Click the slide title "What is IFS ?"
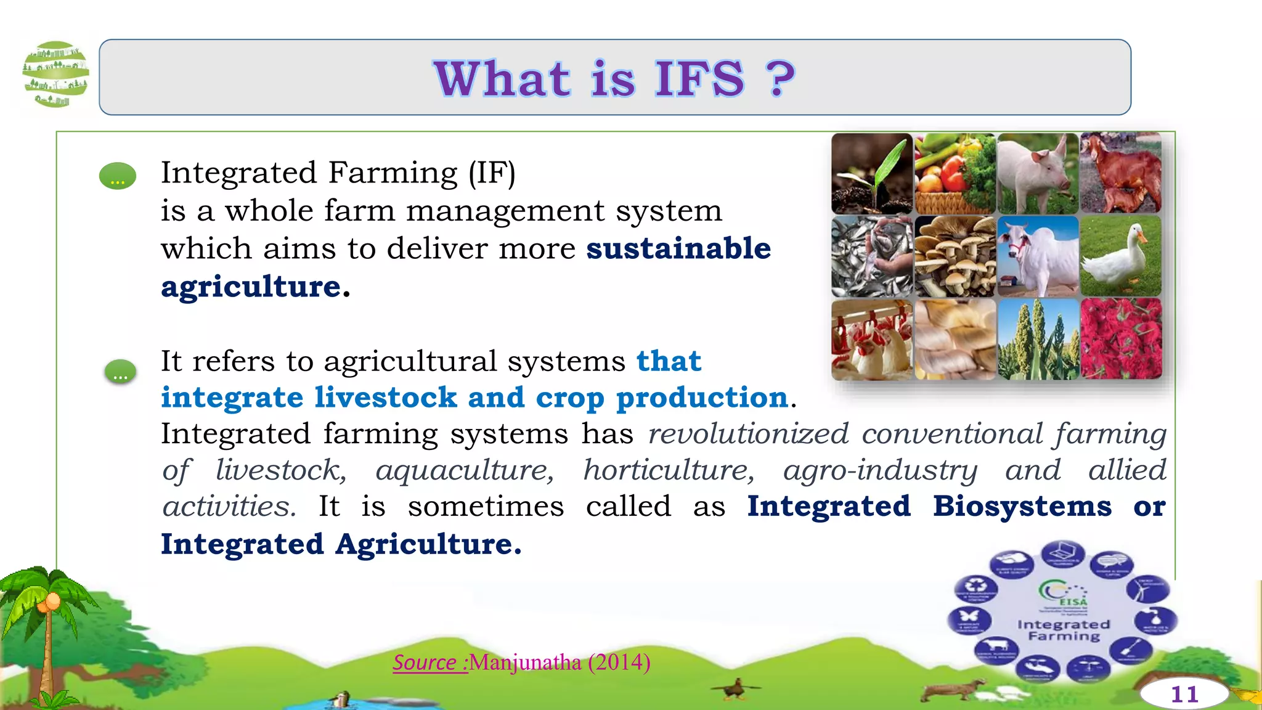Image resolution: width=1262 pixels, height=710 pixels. pyautogui.click(x=614, y=78)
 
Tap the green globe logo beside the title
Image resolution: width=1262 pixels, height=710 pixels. pyautogui.click(x=55, y=74)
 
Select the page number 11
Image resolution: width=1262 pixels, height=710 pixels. pyautogui.click(x=1184, y=695)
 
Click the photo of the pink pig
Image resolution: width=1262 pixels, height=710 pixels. pyautogui.click(x=1038, y=174)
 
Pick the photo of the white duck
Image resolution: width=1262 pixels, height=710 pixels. pyautogui.click(x=1120, y=256)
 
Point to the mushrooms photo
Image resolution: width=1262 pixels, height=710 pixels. pyautogui.click(x=955, y=256)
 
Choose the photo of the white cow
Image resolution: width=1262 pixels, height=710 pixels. pyautogui.click(x=1038, y=256)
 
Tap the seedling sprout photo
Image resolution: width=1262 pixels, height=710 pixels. pyautogui.click(x=871, y=174)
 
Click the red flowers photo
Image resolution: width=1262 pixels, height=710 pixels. pyautogui.click(x=1120, y=339)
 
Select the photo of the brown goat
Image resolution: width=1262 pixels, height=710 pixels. pyautogui.click(x=1120, y=174)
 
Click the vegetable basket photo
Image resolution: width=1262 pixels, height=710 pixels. pyautogui.click(x=955, y=174)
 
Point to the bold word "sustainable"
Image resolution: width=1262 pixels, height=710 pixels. pyautogui.click(x=678, y=248)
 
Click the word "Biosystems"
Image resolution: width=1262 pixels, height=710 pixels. pyautogui.click(x=1022, y=506)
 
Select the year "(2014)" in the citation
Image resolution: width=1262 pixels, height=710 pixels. pyautogui.click(x=619, y=663)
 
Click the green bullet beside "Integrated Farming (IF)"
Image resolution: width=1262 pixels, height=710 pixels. pyautogui.click(x=118, y=176)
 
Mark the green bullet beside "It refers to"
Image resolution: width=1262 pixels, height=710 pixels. pyautogui.click(x=120, y=372)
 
